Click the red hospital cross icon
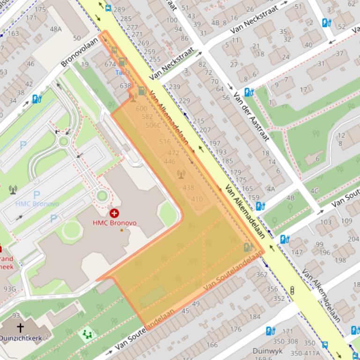(114, 214)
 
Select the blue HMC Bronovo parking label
(37, 204)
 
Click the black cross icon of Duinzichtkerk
(20, 327)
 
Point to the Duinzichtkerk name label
(21, 338)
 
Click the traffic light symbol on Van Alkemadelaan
(292, 290)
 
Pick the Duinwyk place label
(268, 351)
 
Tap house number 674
(110, 64)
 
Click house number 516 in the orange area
(165, 142)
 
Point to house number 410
(197, 199)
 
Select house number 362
(262, 274)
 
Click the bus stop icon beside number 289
(109, 8)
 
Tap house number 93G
(9, 289)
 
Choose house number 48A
(56, 29)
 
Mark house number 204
(353, 238)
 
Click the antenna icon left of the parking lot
(13, 189)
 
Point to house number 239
(174, 86)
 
